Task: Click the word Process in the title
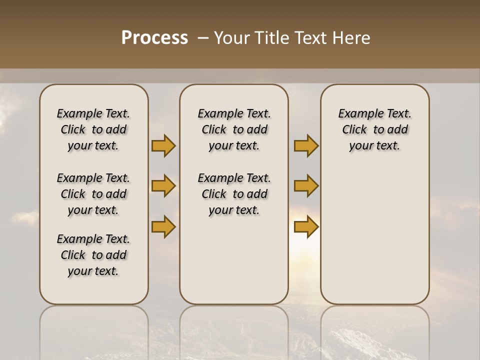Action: pyautogui.click(x=154, y=37)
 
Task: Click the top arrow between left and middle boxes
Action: pyautogui.click(x=163, y=146)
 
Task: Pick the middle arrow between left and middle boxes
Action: pyautogui.click(x=163, y=186)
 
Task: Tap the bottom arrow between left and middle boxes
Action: pyautogui.click(x=163, y=227)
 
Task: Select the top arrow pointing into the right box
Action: pyautogui.click(x=306, y=146)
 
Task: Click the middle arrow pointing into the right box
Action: pyautogui.click(x=306, y=186)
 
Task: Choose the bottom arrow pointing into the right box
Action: pyautogui.click(x=306, y=227)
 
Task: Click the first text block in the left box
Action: pyautogui.click(x=93, y=129)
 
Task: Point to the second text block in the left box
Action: pyautogui.click(x=93, y=194)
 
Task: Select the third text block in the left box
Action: pyautogui.click(x=93, y=255)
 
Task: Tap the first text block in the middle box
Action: pyautogui.click(x=234, y=129)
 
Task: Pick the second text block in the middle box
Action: pyautogui.click(x=234, y=194)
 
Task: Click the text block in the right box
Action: pyautogui.click(x=374, y=129)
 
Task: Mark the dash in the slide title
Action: pyautogui.click(x=203, y=38)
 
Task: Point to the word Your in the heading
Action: pyautogui.click(x=231, y=37)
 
